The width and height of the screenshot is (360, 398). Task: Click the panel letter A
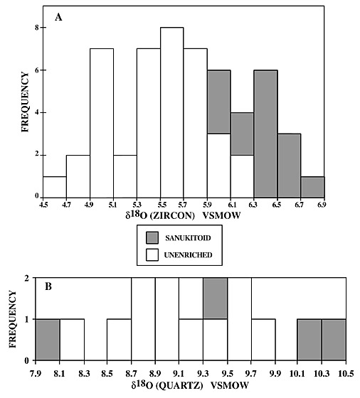[58, 18]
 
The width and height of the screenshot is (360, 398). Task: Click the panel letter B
[48, 286]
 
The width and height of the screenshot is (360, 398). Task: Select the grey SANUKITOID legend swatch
[152, 238]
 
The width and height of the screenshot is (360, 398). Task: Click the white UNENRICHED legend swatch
[152, 254]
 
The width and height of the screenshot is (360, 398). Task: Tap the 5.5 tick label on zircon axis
[160, 205]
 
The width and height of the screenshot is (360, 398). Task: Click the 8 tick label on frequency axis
[37, 27]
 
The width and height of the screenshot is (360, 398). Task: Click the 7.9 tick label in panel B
[36, 373]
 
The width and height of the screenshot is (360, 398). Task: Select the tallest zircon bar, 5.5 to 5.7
[171, 112]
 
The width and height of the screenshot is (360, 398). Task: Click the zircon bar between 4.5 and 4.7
[55, 187]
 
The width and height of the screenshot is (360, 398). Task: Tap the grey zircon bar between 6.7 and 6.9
[312, 187]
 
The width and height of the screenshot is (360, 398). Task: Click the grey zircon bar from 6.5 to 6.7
[289, 166]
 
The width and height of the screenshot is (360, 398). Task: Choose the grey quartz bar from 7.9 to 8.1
[48, 340]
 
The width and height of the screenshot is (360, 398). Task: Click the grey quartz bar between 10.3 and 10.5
[334, 340]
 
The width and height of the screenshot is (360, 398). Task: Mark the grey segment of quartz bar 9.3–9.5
[215, 298]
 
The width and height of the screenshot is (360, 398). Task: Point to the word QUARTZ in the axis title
[184, 385]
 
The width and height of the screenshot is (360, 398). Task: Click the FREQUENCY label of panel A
[25, 102]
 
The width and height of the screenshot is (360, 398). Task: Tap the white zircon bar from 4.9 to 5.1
[102, 123]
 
